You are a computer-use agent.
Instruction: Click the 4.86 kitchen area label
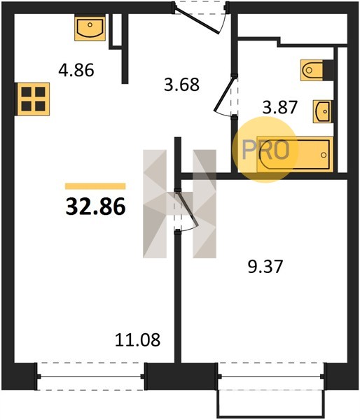coord(76,70)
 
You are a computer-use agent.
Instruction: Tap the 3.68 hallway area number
coord(181,85)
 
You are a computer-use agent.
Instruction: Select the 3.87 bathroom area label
coord(280,107)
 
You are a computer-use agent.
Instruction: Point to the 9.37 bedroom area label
coord(265,267)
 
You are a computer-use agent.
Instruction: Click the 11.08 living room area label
coord(138,339)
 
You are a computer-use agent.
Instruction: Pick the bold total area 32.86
coord(95,206)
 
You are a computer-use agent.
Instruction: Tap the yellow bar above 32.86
coord(95,186)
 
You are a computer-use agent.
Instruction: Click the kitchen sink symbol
coord(90,27)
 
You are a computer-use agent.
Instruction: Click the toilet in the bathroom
coord(314,70)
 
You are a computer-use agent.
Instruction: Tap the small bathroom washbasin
coord(323,111)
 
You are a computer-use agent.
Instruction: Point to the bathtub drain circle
coord(324,155)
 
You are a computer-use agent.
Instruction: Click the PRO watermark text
coord(265,150)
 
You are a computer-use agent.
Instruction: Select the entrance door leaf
coord(197,22)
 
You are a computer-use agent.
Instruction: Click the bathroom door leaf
coord(224,94)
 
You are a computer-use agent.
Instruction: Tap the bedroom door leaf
coord(186,207)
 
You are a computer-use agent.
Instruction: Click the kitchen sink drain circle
coord(90,25)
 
